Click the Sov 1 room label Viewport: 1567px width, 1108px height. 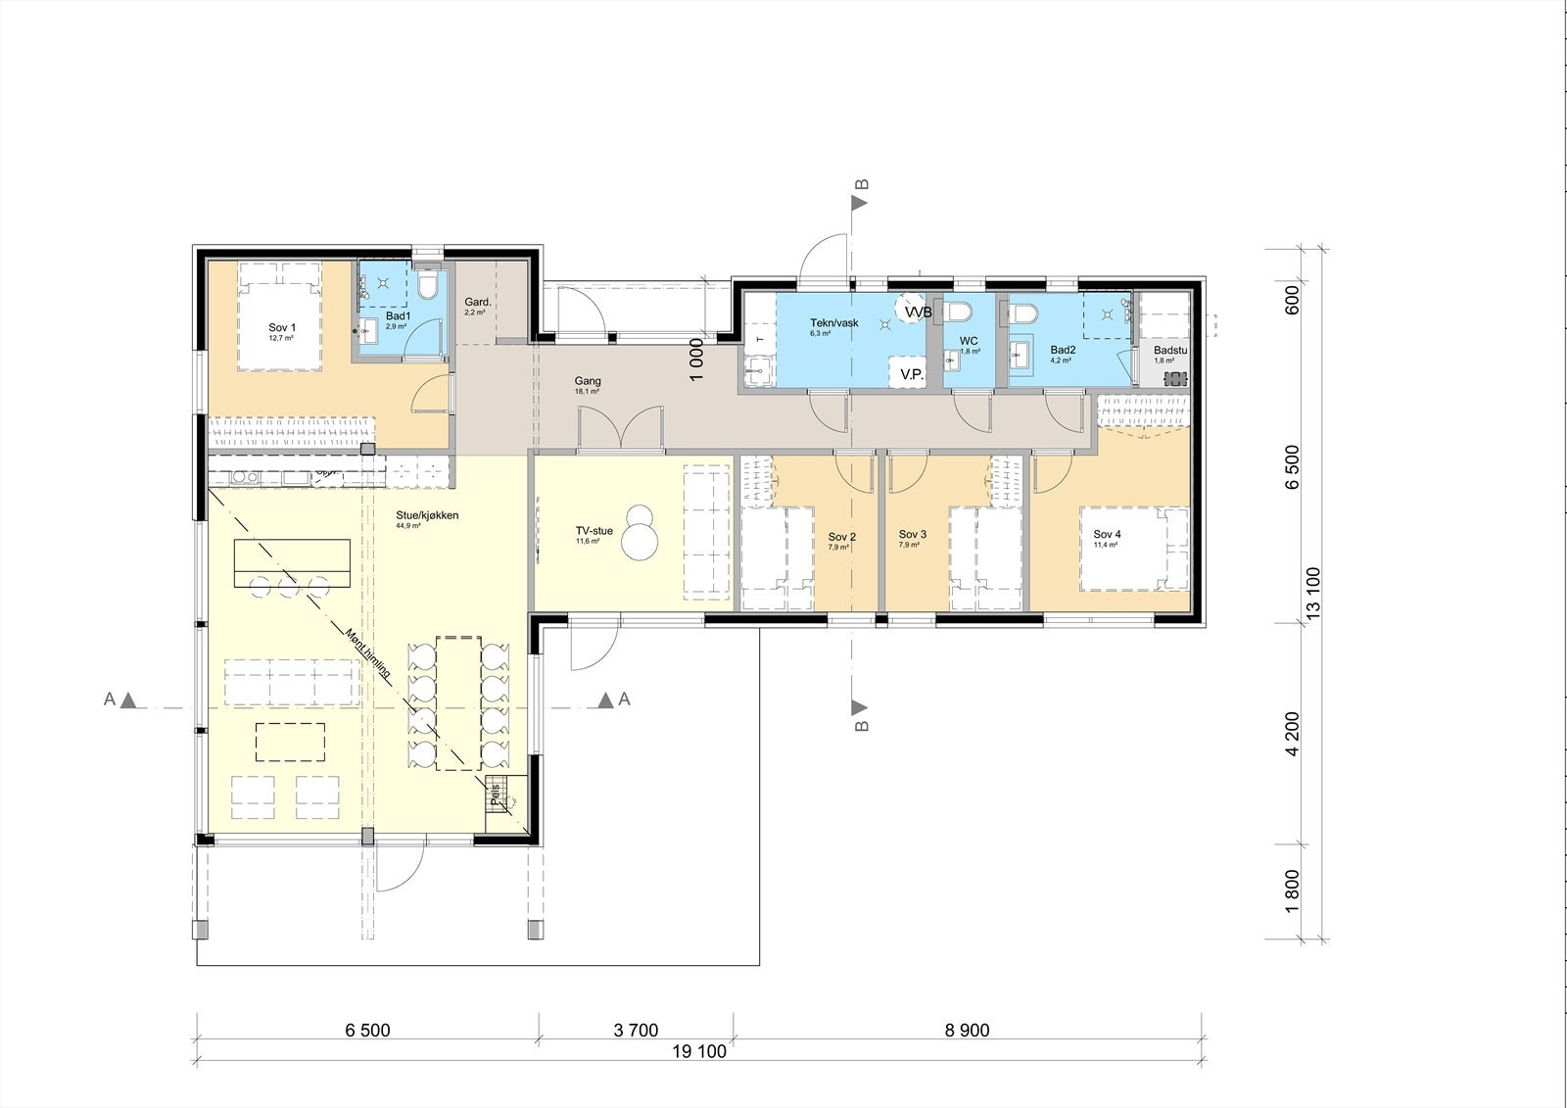point(282,328)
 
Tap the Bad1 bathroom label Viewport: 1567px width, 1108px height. point(397,316)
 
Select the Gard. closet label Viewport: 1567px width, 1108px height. point(476,303)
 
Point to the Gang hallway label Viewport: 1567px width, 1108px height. point(588,382)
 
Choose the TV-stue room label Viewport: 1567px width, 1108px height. point(594,532)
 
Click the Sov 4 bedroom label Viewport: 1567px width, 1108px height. point(1107,535)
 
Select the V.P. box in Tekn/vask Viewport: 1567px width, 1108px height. point(912,374)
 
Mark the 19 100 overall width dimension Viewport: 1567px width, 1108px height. point(698,1053)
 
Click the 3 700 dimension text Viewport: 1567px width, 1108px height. point(636,1031)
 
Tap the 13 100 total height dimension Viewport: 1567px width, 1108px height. point(1313,592)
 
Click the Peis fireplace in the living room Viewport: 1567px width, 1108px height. point(499,795)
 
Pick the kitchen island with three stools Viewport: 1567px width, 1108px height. point(292,561)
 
